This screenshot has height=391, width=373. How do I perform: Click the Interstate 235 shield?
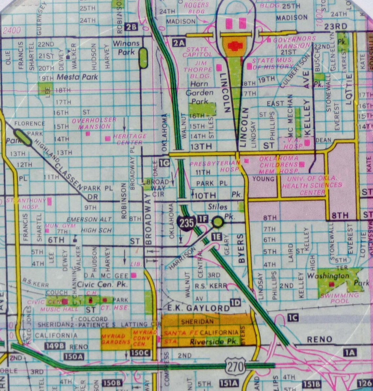coord(186,224)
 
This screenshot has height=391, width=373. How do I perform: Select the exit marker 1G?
coord(164,162)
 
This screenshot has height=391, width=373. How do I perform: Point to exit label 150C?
coord(140,353)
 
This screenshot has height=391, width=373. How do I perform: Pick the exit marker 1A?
coord(349,352)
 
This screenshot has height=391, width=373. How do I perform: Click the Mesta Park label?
coord(77,77)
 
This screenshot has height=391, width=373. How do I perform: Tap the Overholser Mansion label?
coord(94,123)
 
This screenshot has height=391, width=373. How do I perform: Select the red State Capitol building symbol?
coord(234,46)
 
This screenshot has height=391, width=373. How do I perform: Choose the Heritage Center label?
coord(130,139)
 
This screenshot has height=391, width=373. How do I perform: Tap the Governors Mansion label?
coord(294,42)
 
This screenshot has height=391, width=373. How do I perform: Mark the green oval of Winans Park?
coord(143,58)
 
